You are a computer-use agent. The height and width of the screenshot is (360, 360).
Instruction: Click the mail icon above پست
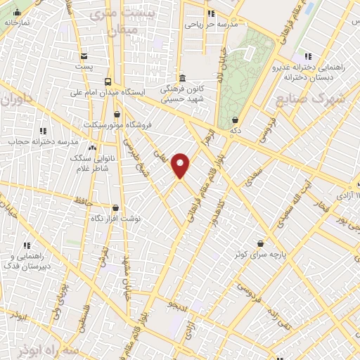[x=84, y=56]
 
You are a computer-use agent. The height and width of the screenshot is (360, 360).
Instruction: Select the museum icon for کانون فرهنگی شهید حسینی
[x=182, y=78]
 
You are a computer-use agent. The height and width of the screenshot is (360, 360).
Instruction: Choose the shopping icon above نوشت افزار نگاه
[x=116, y=207]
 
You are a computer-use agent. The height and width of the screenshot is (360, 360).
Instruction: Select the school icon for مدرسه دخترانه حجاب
[x=44, y=131]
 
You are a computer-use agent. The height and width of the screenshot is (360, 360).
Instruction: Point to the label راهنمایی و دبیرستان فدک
[x=27, y=262]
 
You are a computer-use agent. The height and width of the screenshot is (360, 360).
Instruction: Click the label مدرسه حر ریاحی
[x=212, y=25]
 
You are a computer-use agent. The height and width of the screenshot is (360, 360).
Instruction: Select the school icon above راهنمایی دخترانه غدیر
[x=307, y=56]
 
